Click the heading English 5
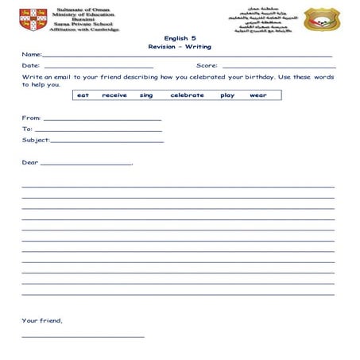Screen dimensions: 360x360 (x=179, y=37)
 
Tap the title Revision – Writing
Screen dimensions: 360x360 (x=180, y=47)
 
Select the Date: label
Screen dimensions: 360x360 (x=30, y=66)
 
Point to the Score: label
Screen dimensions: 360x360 (x=207, y=66)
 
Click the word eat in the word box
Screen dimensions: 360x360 (x=83, y=95)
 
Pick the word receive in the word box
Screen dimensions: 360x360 (x=114, y=95)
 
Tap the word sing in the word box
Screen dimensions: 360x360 (x=146, y=95)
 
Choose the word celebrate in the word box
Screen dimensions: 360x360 (x=187, y=95)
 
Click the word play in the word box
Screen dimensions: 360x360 (x=227, y=95)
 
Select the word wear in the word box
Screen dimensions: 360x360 (x=258, y=95)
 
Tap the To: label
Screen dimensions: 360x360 (x=27, y=129)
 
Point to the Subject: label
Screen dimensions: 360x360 (x=36, y=140)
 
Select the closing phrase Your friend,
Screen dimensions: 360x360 (x=41, y=321)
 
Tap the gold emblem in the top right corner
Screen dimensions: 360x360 (x=322, y=19)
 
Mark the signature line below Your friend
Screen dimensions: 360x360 (x=83, y=336)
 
